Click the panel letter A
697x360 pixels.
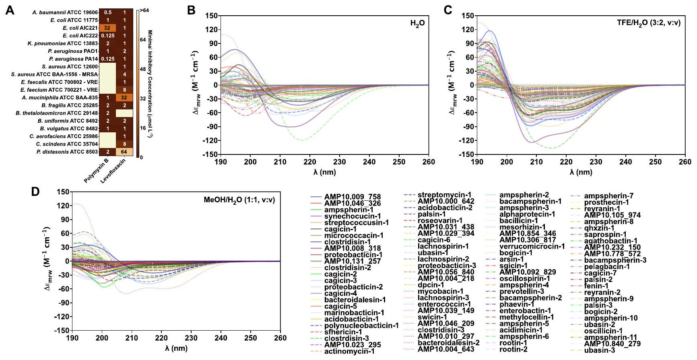(x=9, y=10)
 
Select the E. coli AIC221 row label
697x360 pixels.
(x=80, y=28)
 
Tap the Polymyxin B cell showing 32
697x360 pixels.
(x=107, y=28)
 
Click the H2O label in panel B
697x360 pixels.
(x=417, y=24)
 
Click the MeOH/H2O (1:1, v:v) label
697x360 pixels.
(x=239, y=200)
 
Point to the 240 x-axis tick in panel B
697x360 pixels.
(x=369, y=162)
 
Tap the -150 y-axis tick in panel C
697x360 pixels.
(x=468, y=154)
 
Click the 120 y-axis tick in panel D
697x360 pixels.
(x=64, y=206)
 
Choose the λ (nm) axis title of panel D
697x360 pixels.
(x=176, y=348)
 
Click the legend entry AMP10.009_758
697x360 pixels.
(x=352, y=197)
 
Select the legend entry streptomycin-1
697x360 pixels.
(x=444, y=195)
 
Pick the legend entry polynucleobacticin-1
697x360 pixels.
(x=361, y=326)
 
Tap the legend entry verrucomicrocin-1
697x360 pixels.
(x=532, y=247)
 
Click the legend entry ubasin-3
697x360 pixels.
(x=600, y=350)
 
